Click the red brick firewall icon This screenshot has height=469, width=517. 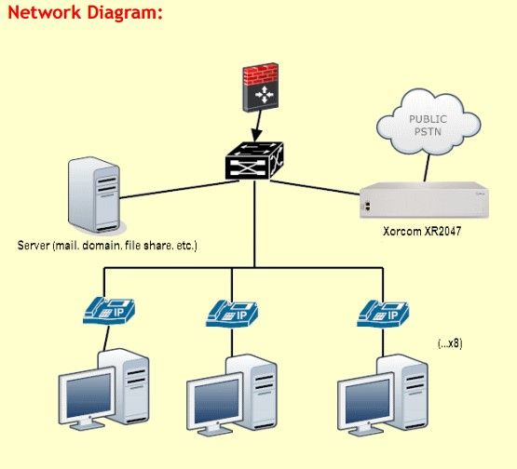pos(261,87)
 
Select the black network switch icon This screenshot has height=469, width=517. pos(254,161)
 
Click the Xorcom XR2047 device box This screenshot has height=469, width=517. pos(424,199)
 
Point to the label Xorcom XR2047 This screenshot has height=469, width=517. pos(422,231)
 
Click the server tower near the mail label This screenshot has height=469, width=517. pos(96,195)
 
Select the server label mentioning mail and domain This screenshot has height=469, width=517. pos(107,246)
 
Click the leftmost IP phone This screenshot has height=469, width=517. pos(109,311)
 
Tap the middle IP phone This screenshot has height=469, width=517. pos(232,314)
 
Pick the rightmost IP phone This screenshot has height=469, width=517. pos(383,314)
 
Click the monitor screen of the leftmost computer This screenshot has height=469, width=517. pos(88,395)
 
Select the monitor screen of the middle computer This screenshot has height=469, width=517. pos(216,401)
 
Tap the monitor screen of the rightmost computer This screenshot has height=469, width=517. pos(367,401)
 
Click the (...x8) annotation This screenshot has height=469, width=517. pos(450,343)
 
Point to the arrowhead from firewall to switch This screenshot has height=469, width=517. pos(256,136)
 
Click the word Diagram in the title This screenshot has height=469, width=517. pos(125,12)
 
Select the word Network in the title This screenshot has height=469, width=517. pos(44,12)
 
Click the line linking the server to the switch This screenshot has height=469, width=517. pos(179,190)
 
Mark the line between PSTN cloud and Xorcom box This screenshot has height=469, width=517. pos(427,168)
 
